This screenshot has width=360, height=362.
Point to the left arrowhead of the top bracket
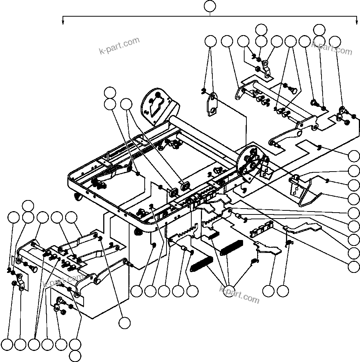coord(63,22)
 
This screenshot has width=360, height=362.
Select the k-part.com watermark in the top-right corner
coord(332,47)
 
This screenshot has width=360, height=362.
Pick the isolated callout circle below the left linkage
coord(125,322)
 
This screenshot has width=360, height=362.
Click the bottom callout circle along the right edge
coord(354,266)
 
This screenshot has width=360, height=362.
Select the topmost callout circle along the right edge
coord(354,156)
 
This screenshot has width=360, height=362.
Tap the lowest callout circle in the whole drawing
coord(75,356)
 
